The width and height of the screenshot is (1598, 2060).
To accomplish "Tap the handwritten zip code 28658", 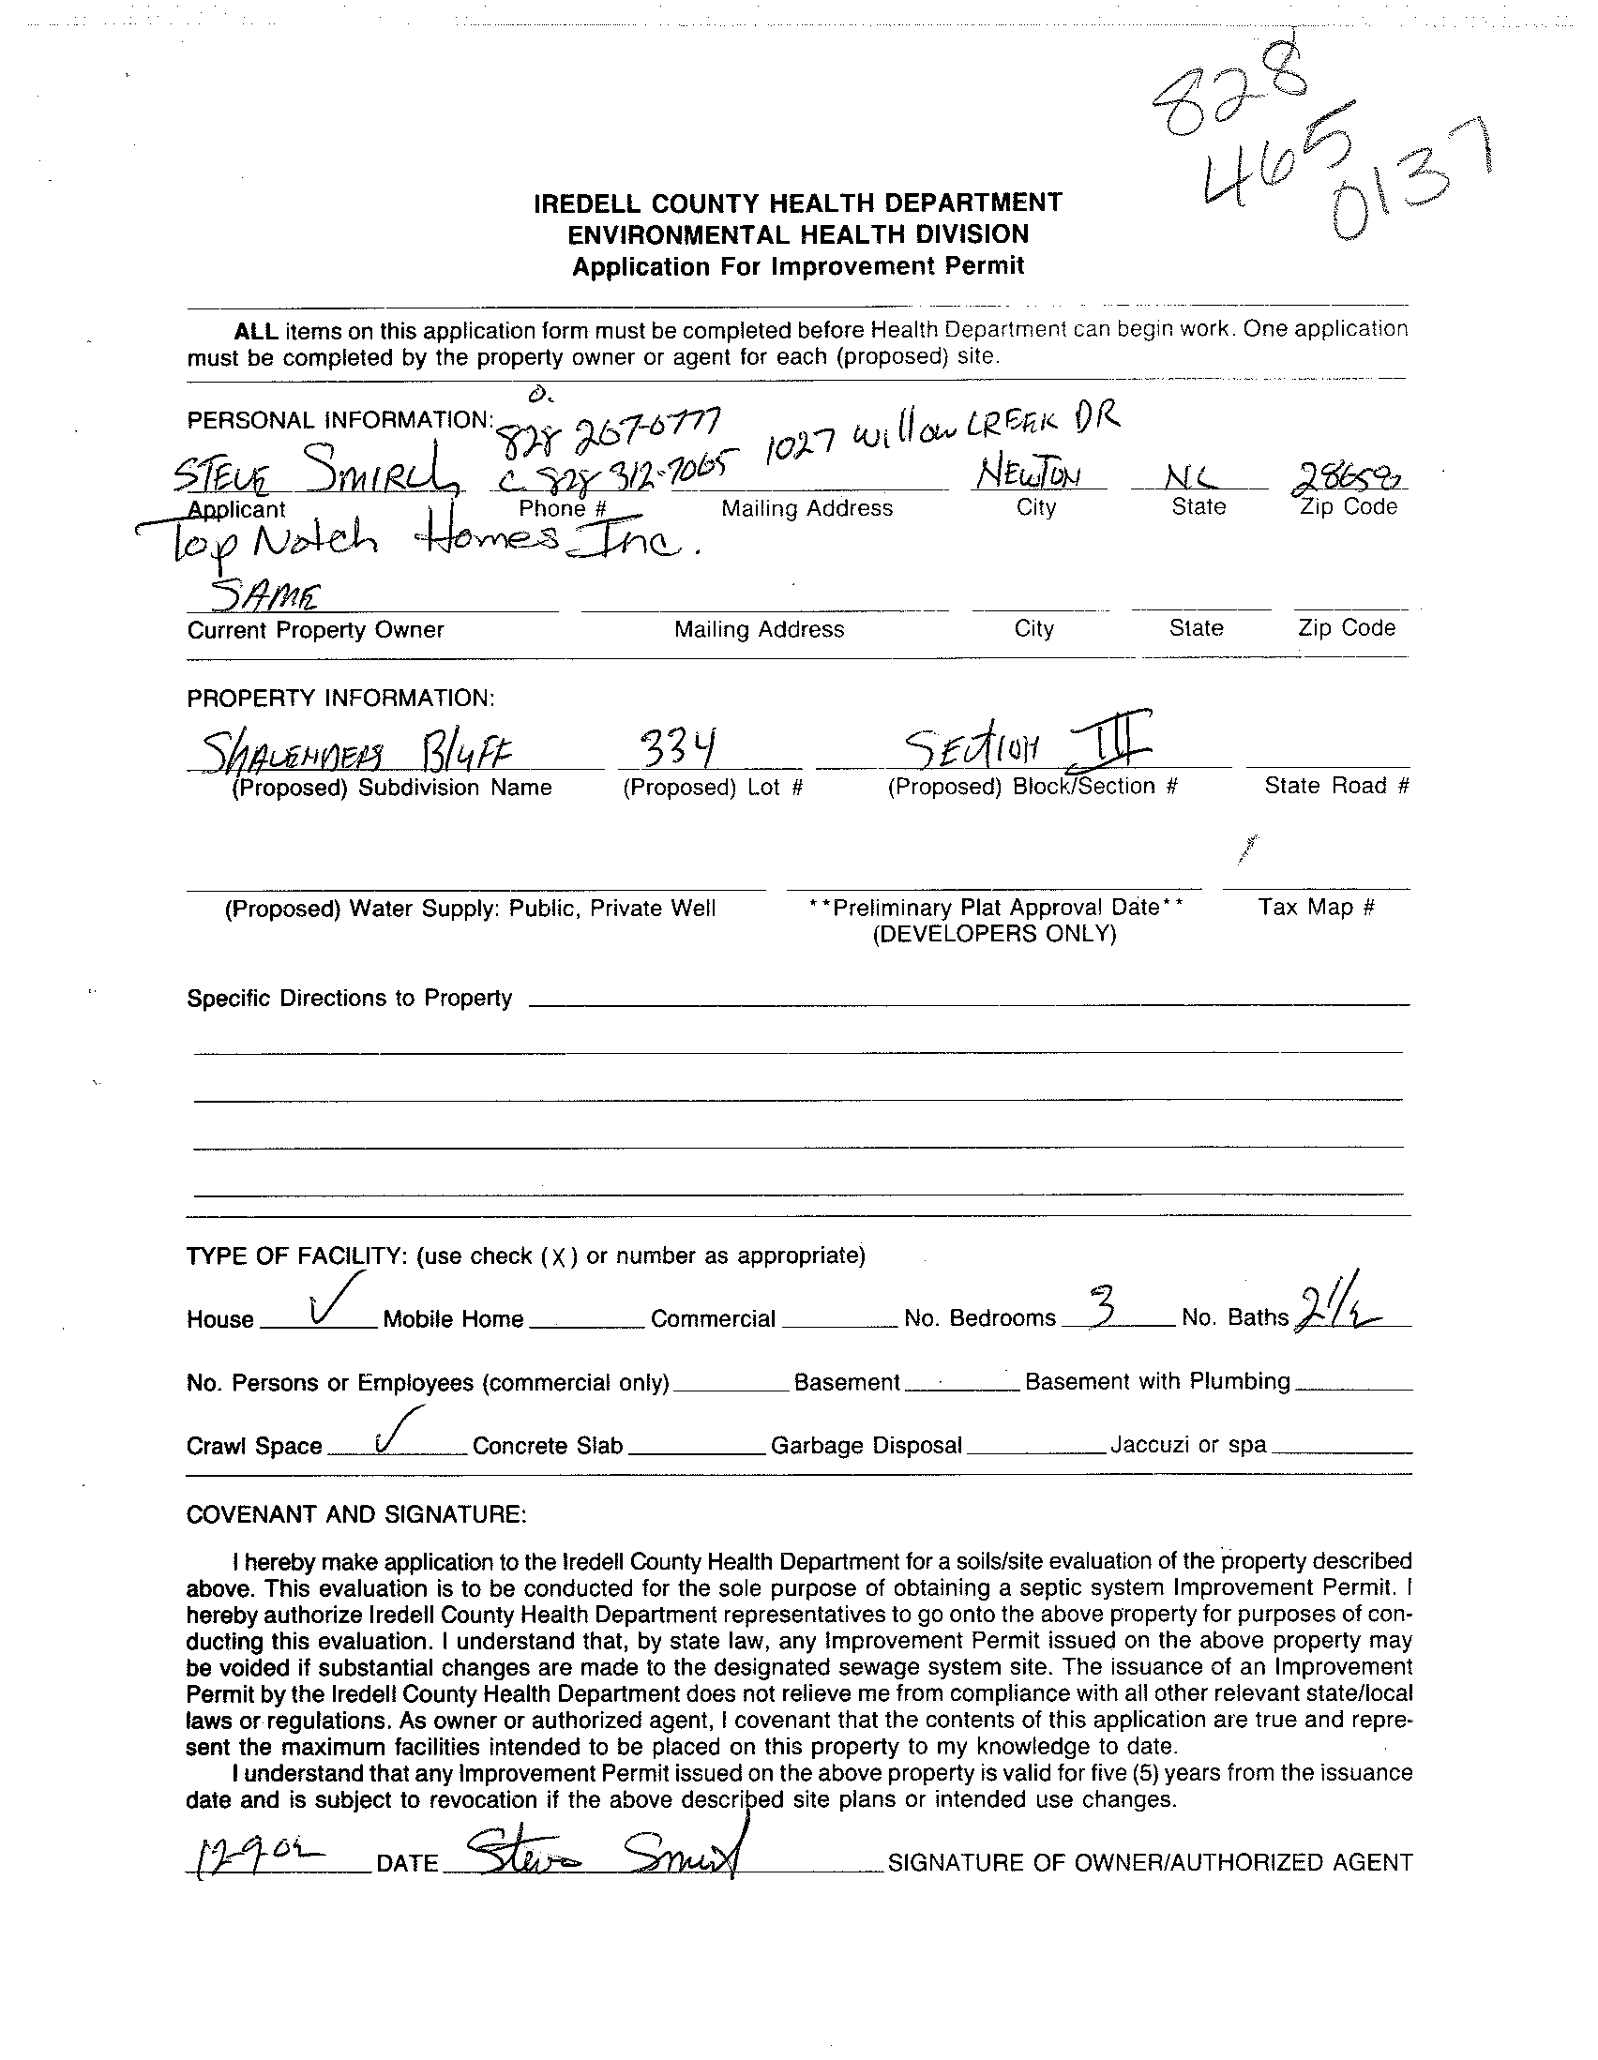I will click(x=1348, y=477).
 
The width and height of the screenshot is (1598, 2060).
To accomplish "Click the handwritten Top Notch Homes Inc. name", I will click(x=415, y=544).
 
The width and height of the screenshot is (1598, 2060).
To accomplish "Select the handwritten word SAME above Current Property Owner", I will click(x=265, y=596).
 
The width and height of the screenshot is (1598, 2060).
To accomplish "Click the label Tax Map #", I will click(x=1316, y=908).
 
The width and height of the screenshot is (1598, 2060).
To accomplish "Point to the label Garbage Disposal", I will click(x=866, y=1445).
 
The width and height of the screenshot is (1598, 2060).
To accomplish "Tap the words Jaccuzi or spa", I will click(x=1187, y=1444).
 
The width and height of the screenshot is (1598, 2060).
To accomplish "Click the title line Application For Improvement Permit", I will click(x=798, y=267).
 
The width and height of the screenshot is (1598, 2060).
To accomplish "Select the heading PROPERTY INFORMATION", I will click(x=340, y=698).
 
